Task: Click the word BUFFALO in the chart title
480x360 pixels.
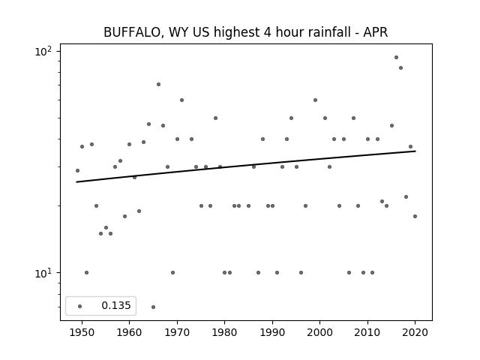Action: tap(131, 32)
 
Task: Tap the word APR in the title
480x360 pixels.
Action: tap(376, 32)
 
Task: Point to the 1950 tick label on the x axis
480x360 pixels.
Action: tap(82, 332)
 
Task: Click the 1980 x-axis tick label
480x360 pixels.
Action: tap(224, 332)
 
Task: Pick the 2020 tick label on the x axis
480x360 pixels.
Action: tap(415, 332)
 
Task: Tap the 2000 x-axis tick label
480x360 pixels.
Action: tap(320, 332)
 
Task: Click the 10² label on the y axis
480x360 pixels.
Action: tap(43, 51)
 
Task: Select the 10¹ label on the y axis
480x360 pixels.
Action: tap(43, 273)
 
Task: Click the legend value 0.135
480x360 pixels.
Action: tap(116, 305)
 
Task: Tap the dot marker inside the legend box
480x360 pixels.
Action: tap(80, 306)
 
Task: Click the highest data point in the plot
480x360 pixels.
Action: tap(396, 57)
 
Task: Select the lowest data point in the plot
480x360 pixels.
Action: tap(153, 307)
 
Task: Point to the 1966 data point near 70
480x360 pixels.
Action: tap(158, 85)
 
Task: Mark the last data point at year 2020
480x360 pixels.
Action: tap(415, 217)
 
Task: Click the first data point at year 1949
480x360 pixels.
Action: tap(77, 170)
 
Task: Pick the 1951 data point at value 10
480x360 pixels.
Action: tap(87, 273)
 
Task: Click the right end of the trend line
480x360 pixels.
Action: tap(415, 151)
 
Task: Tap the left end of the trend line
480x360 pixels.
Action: tap(76, 182)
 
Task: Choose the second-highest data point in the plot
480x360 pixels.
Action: tap(400, 68)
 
